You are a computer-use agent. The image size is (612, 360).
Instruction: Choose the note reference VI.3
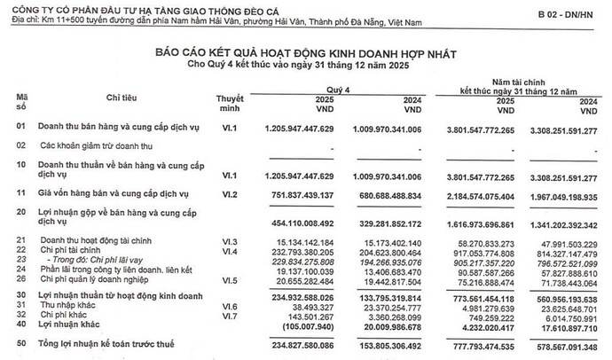(x=229, y=241)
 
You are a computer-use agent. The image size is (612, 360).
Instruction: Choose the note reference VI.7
(x=229, y=316)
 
